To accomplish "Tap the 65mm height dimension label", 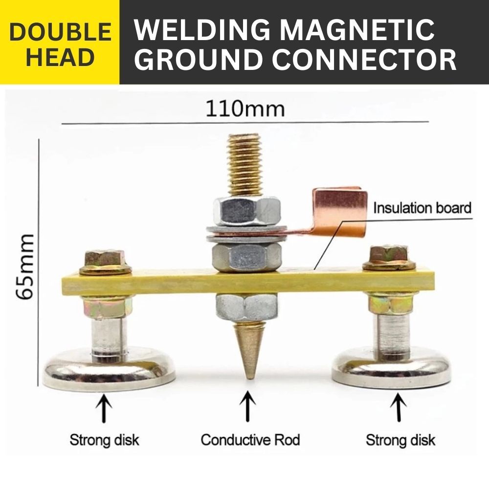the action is pos(24,267).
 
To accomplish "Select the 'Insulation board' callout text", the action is pos(422,208).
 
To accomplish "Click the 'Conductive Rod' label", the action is pos(250,440).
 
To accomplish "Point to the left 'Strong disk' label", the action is pos(104,440).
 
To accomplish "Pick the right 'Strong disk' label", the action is pos(400,440).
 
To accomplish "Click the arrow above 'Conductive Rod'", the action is pos(248,407).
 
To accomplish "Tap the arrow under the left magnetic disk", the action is pos(104,408).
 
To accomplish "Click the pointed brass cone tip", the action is pos(249,378).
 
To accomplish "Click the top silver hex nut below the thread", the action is pos(246,211).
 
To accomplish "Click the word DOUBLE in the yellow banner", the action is pos(60,32).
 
